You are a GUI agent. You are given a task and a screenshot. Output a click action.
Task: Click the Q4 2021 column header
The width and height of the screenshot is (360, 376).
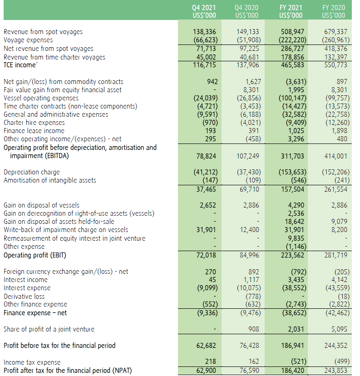pos(204,11)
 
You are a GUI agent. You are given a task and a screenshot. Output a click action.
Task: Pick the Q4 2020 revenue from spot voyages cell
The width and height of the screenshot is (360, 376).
pos(247,32)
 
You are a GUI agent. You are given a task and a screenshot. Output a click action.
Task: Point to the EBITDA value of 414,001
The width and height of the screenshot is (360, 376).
pos(334,156)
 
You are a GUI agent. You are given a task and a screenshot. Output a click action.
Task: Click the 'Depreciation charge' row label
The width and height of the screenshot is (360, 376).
pos(31,172)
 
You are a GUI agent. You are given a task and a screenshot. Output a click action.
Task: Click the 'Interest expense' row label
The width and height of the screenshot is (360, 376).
pos(27,288)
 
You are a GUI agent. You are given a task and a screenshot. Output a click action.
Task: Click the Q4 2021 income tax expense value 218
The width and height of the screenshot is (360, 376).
pos(212,362)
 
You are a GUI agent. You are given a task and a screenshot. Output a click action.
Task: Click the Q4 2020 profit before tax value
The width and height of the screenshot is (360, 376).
pos(248,346)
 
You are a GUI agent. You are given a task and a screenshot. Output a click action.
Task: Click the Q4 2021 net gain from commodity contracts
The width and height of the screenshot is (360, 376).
pos(212,82)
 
